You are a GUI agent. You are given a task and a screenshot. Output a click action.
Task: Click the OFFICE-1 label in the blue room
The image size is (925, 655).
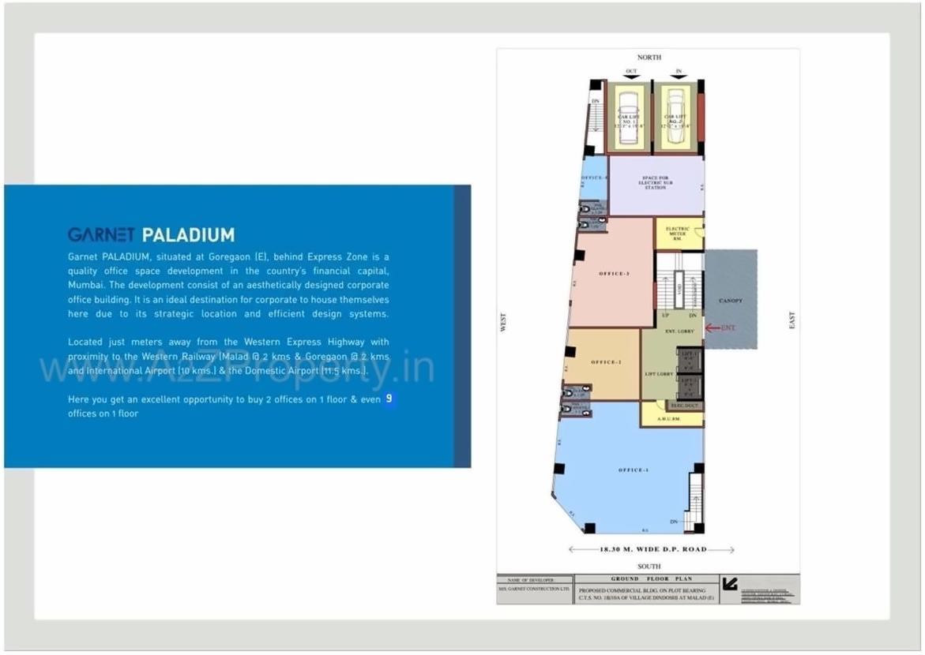point(633,470)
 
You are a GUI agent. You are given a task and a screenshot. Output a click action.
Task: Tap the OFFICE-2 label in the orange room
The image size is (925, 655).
point(607,362)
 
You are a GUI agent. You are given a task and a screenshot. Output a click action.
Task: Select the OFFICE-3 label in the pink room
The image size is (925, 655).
point(614,273)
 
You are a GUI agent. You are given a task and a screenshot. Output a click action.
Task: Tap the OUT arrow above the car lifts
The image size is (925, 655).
point(631,75)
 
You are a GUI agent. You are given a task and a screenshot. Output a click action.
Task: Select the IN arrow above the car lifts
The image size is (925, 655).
point(678,75)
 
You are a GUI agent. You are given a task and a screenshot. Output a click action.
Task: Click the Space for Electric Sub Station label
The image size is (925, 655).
point(655,183)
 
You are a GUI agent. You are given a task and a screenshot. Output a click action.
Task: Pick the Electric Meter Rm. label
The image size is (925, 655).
point(677,232)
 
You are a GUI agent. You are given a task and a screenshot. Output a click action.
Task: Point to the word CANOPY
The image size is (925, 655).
point(731,301)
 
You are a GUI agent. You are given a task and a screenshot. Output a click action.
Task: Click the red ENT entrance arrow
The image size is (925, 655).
point(720,327)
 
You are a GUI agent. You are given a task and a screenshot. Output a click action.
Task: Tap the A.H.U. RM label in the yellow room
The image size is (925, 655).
point(671,418)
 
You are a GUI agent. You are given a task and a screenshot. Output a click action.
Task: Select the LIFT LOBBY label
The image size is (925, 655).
point(659,373)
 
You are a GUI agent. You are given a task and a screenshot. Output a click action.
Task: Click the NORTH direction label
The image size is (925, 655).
point(649,58)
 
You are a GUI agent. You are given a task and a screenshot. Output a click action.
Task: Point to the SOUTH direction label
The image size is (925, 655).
point(649,566)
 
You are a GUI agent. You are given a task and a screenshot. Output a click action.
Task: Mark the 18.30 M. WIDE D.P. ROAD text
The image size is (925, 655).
point(652,549)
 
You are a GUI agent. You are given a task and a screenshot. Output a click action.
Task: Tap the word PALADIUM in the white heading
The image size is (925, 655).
point(188,234)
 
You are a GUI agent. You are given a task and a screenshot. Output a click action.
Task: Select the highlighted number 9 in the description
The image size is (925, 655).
point(389,399)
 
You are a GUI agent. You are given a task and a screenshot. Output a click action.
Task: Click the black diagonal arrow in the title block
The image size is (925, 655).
point(731,585)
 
